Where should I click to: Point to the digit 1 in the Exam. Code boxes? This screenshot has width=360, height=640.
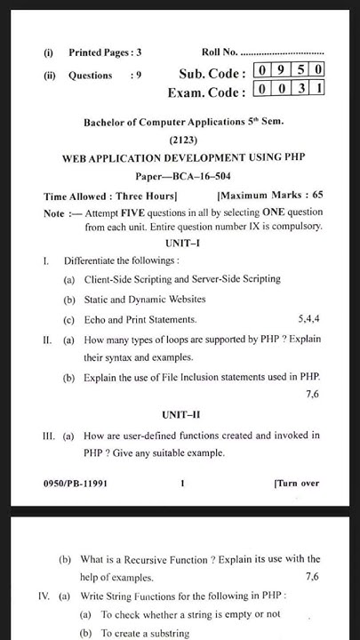317,89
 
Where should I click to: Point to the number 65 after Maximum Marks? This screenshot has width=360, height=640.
316,195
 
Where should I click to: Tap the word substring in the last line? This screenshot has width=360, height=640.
170,633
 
